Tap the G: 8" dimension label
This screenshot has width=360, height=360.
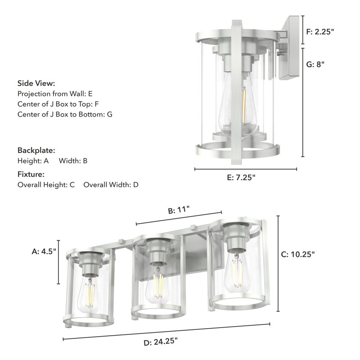click(315, 64)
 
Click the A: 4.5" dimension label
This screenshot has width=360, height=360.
click(44, 252)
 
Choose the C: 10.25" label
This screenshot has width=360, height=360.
click(297, 254)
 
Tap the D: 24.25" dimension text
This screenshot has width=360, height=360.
click(161, 342)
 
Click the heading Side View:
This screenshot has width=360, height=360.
click(36, 83)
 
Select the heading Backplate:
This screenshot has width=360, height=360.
click(36, 150)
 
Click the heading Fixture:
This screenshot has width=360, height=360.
click(31, 174)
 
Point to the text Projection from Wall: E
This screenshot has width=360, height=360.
click(55, 94)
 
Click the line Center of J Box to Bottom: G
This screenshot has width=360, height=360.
click(65, 114)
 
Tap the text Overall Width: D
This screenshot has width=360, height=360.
click(111, 184)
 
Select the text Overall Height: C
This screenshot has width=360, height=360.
click(46, 184)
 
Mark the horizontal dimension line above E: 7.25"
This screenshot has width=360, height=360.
click(245, 170)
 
